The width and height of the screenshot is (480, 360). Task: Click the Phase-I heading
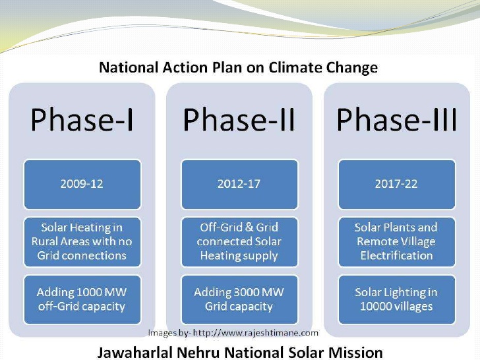82,120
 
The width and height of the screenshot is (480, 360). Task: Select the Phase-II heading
239,120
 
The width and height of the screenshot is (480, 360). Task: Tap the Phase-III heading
397,120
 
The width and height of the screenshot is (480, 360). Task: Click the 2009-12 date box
82,185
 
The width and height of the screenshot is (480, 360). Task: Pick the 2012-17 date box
239,185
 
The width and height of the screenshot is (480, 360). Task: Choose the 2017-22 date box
397,185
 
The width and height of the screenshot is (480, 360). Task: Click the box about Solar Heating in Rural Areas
82,242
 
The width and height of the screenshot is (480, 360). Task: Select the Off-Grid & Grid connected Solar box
239,242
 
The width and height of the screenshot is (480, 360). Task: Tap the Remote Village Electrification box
397,242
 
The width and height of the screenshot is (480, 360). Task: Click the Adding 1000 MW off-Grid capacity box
82,300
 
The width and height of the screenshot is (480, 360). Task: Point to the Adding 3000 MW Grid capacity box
239,300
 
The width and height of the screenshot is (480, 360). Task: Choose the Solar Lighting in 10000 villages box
397,300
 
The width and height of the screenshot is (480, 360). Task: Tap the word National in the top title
129,67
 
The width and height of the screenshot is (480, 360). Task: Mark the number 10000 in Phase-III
373,307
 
